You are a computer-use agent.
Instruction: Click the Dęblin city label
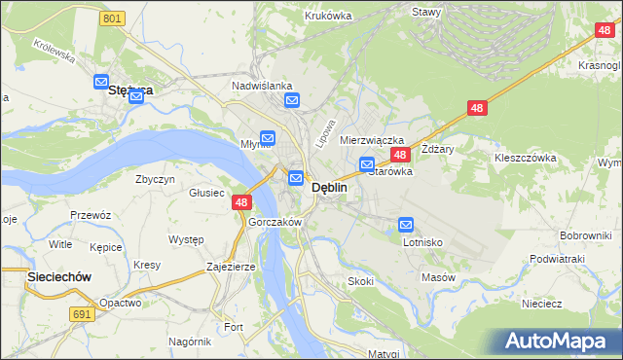(329, 188)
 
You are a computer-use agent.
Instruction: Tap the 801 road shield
(113, 18)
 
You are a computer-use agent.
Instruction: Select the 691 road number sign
(82, 313)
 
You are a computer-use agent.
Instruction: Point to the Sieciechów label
(58, 277)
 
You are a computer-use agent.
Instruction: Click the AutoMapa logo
(559, 341)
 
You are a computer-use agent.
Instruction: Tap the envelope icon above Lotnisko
(406, 225)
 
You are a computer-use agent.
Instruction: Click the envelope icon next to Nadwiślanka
(292, 100)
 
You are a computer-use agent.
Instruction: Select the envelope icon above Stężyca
(100, 83)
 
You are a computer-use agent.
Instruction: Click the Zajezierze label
(231, 266)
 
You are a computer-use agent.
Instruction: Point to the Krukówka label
(328, 16)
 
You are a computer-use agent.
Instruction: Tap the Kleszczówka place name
(525, 157)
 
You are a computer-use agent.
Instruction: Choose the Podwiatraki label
(556, 259)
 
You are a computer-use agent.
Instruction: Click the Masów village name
(438, 277)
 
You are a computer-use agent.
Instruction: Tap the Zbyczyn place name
(156, 180)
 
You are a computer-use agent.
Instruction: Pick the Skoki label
(360, 281)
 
